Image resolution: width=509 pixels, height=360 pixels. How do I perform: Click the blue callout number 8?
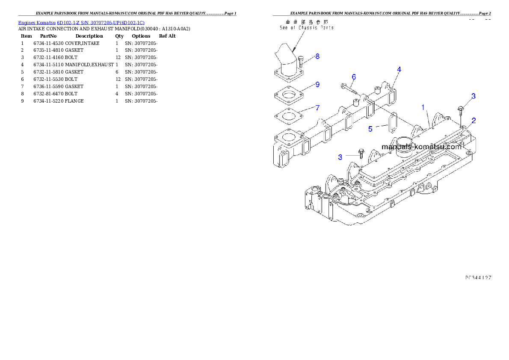pos(317,56)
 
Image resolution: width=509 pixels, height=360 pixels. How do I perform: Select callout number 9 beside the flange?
pos(317,84)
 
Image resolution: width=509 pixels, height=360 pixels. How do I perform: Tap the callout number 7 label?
pos(317,107)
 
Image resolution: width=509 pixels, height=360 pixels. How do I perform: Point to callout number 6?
pos(354,77)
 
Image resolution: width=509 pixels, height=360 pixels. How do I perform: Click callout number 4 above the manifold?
pos(399,69)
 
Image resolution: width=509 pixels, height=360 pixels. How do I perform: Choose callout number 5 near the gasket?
pos(371,128)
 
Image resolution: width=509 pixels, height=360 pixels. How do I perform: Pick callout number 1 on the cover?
pos(423,108)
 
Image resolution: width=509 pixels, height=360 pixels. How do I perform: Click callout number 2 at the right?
pos(474,121)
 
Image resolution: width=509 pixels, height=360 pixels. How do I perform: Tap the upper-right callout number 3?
pos(473,96)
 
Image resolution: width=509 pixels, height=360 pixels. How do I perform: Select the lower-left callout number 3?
pos(340,157)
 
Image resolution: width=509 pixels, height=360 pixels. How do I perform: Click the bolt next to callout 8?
pos(301,62)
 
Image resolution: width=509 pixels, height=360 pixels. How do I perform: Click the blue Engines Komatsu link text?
pos(81,22)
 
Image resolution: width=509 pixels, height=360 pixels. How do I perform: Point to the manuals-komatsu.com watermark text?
pos(421,147)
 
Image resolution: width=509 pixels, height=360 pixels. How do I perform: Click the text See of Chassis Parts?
pos(306,28)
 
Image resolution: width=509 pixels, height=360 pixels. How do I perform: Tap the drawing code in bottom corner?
pos(478,277)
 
